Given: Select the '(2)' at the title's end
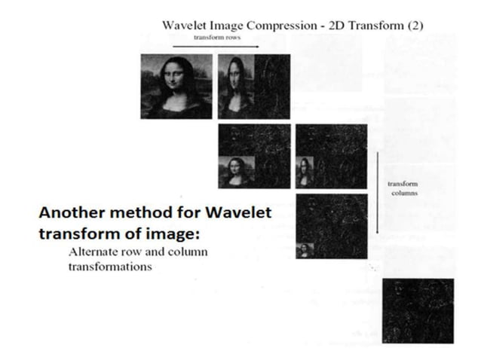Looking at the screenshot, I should point(415,25).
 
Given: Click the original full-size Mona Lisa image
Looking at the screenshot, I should point(176,86).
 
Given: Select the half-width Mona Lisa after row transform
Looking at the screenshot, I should point(236,86).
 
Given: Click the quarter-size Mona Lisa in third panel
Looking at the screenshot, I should point(236,172).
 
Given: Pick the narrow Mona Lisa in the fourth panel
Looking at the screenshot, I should point(305,172).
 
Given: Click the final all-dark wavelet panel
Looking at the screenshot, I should point(418,311).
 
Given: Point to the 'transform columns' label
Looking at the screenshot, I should point(402,188).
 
